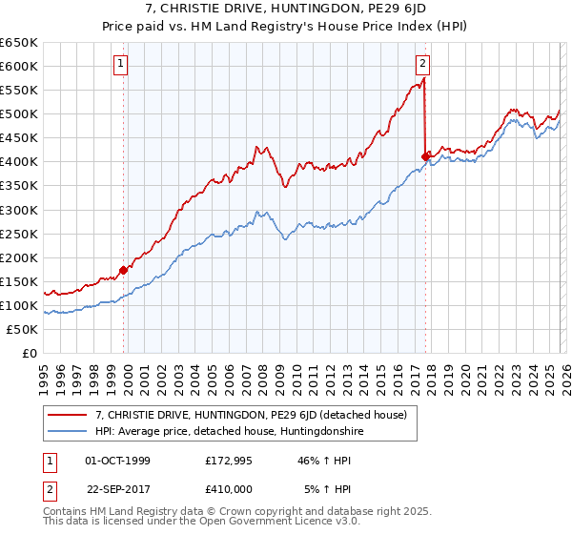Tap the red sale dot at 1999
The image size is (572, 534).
coord(124,270)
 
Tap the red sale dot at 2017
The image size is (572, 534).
coord(425,156)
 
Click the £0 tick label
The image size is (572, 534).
coord(29,353)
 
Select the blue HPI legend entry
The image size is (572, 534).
coord(230,432)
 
